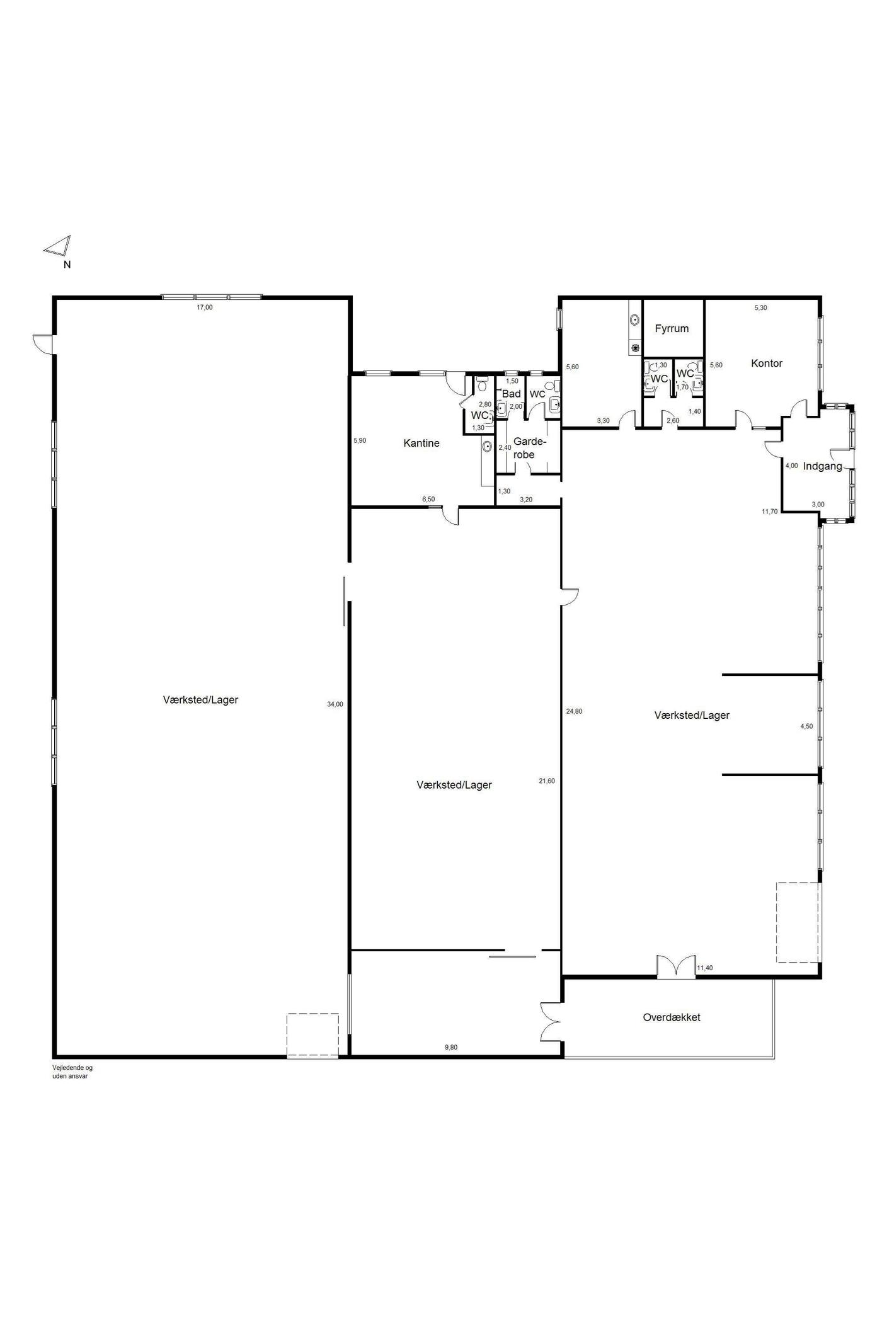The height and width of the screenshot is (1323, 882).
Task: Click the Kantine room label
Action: (421, 443)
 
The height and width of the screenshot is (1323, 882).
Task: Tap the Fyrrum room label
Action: (672, 328)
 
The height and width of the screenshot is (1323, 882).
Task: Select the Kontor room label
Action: (767, 363)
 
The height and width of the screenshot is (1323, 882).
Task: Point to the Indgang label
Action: (823, 466)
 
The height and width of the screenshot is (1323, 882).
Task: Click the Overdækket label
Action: (672, 1017)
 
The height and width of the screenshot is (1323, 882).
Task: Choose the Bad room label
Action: (512, 394)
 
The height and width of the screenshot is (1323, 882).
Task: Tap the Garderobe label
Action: (529, 448)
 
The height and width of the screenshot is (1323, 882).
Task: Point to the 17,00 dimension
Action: (205, 307)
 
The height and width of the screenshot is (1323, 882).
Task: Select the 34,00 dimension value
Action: (335, 704)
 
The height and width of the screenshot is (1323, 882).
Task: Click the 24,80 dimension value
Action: (574, 711)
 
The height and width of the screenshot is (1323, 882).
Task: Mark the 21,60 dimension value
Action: (547, 781)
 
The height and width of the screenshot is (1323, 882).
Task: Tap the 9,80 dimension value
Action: (451, 1047)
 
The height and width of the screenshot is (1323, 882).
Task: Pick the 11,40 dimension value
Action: (704, 968)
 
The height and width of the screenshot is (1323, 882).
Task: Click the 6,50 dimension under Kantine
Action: (428, 499)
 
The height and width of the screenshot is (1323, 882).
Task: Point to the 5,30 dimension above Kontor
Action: (761, 307)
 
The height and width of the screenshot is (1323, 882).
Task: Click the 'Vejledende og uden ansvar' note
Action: (72, 1072)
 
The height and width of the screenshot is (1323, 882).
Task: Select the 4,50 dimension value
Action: (806, 726)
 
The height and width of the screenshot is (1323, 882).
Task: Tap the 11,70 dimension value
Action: (770, 511)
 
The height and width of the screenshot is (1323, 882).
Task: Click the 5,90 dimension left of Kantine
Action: (360, 440)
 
